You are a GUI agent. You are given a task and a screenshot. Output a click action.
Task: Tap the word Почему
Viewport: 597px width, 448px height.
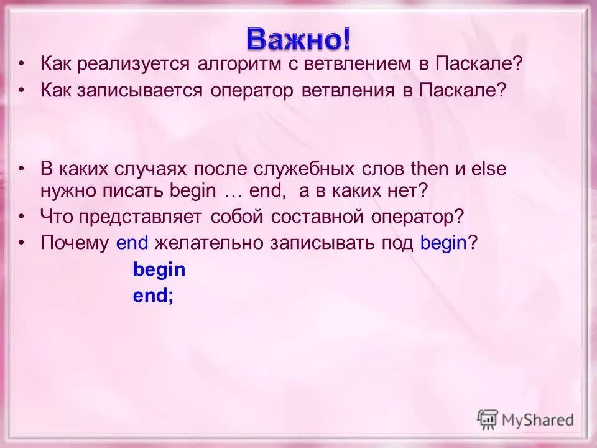[x=75, y=243]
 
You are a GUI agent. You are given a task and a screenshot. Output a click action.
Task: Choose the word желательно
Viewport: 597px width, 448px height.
[x=208, y=243]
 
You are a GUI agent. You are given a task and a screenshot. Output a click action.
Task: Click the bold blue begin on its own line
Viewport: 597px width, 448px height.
[x=159, y=270]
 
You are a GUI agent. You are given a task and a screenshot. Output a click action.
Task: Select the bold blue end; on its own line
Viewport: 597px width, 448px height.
[x=153, y=297]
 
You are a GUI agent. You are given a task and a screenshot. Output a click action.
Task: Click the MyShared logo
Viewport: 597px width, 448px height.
[x=525, y=419]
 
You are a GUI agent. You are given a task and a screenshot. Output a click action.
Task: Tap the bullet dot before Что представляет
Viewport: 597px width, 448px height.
[x=22, y=217]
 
